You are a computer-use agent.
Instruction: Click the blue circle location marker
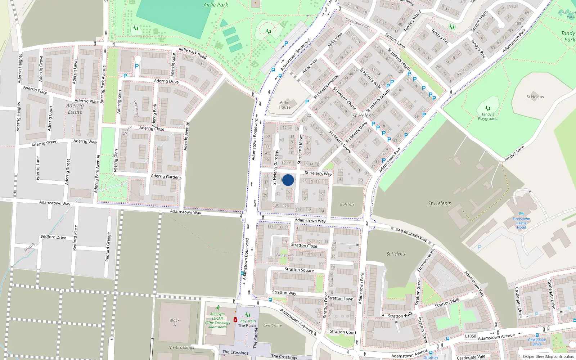coord(288,180)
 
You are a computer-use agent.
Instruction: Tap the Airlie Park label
coord(216,5)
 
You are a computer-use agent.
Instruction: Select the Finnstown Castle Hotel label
coord(521,223)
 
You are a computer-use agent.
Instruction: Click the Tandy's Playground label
coord(488,116)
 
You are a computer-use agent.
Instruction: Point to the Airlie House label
coord(284,105)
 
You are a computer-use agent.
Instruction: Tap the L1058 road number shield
coord(470,336)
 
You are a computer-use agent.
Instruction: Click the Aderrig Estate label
coord(75,109)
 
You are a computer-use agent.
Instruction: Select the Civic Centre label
coord(273,325)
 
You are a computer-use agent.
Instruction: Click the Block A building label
coord(175,323)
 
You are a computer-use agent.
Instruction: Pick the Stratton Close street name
coord(304,246)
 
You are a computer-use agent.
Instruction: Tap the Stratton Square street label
coord(299,270)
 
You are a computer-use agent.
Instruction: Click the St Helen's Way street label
coord(318,173)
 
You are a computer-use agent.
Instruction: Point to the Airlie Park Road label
coord(193,53)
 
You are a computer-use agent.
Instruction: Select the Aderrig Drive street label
coord(166,81)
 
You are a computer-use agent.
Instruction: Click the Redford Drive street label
coord(53,237)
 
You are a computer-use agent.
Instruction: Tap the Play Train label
coord(248,321)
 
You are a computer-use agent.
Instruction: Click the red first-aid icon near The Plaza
coord(235,320)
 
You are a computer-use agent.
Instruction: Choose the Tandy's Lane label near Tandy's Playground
coord(514,154)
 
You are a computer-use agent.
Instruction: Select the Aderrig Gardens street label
coord(166,176)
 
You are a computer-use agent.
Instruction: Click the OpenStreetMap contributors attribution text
coord(548,357)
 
